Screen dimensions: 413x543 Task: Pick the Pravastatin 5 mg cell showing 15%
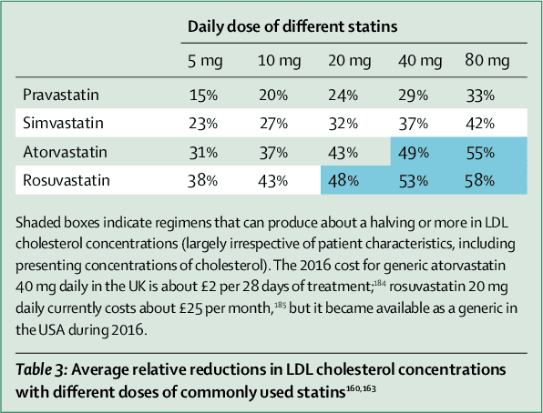[x=202, y=93]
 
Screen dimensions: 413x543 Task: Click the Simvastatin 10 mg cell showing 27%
[x=273, y=122]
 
